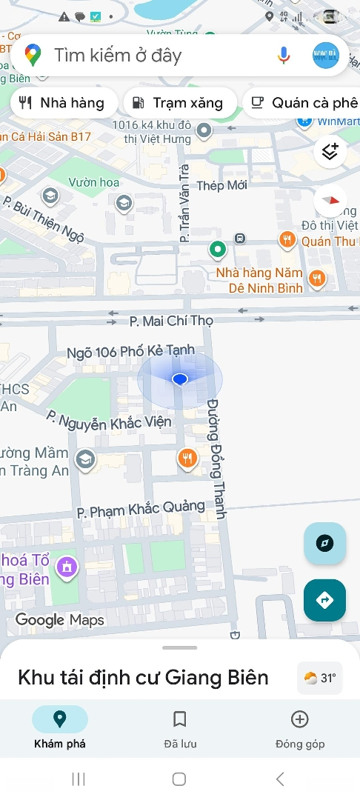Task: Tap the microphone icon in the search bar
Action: coord(284,55)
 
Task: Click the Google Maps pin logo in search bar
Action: coord(32,55)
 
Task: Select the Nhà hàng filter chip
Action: coord(64,103)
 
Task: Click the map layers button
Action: coord(330,152)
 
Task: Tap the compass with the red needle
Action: coord(330,201)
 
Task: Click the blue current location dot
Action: coord(179,379)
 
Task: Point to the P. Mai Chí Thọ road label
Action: coord(171,321)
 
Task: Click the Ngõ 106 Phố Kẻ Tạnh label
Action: coord(130,351)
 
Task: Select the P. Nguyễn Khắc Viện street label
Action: coord(109,421)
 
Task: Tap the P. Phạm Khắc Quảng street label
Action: coord(141,509)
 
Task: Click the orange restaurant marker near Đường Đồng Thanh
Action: coord(188,459)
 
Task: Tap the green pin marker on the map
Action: coord(217,250)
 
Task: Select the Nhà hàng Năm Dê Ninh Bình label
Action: coord(259,280)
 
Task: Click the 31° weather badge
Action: coord(320,677)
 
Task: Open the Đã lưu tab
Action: coord(179,729)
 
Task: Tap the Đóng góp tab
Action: coord(299,729)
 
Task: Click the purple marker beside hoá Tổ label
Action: coord(67,568)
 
